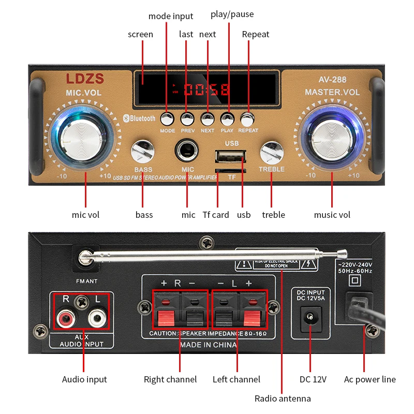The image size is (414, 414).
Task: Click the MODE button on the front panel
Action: (167, 120)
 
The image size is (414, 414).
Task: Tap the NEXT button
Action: (208, 120)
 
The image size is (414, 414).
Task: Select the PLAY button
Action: (227, 120)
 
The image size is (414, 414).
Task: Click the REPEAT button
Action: (248, 120)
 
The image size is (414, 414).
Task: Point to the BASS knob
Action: (143, 153)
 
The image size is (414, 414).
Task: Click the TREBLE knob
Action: (271, 153)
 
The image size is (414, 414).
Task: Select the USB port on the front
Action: (231, 156)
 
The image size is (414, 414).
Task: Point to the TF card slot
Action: (231, 170)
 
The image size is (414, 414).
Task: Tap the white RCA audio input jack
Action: (95, 317)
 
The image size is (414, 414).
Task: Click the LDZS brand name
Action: (85, 79)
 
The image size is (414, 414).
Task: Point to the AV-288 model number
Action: (332, 80)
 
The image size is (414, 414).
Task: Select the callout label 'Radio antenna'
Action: (283, 398)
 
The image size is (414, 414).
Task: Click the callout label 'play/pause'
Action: (232, 14)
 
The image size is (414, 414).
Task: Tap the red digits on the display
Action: (206, 90)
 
